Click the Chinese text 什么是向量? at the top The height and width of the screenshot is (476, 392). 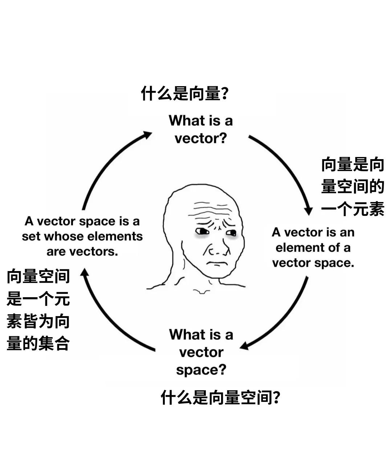(x=184, y=94)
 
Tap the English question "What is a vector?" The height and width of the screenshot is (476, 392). (x=201, y=129)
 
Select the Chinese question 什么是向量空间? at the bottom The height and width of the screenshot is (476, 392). (x=220, y=398)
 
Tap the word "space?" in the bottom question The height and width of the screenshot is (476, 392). (x=201, y=370)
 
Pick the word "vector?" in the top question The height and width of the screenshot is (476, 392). (x=201, y=138)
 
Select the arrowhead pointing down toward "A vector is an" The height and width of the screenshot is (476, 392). (x=309, y=211)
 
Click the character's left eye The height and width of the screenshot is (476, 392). (x=201, y=231)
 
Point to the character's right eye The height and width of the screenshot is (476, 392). (x=231, y=233)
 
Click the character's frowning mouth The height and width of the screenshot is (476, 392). (x=217, y=263)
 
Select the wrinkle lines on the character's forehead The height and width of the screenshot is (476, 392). (x=209, y=209)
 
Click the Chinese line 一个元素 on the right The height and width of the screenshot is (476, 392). (x=352, y=209)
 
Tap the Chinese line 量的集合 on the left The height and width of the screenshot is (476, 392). (x=38, y=343)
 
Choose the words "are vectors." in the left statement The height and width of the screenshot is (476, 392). (x=82, y=251)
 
